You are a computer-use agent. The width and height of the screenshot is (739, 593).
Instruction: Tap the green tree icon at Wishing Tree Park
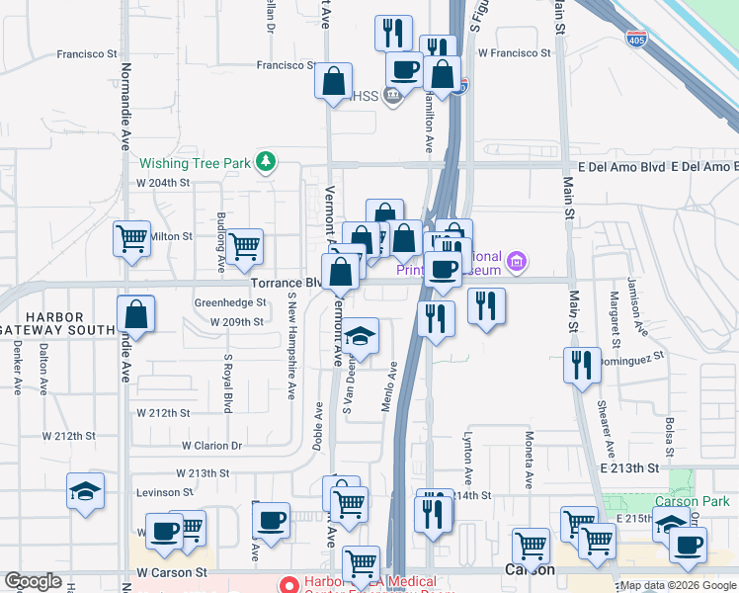(x=265, y=161)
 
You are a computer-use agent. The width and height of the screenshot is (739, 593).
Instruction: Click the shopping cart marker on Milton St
(x=131, y=238)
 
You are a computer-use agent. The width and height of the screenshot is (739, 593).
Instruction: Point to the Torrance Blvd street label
(x=285, y=283)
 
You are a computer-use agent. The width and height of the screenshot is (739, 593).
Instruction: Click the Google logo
(x=33, y=582)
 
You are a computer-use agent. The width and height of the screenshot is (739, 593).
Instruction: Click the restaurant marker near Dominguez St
(x=583, y=365)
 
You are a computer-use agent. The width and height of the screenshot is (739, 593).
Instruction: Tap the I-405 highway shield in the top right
(x=638, y=40)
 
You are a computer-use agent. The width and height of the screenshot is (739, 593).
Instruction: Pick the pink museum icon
(x=516, y=262)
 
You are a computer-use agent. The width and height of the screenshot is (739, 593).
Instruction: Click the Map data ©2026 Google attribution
(x=679, y=585)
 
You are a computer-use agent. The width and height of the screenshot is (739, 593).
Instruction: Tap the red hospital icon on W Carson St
(x=288, y=584)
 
